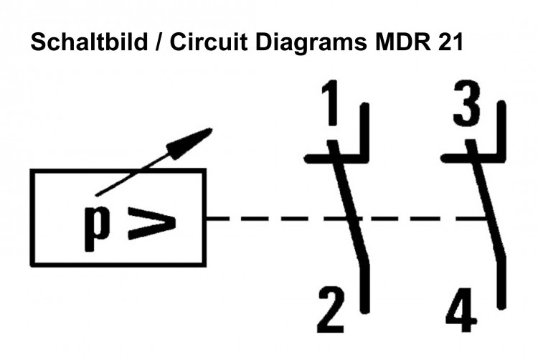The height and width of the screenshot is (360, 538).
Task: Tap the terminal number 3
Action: pyautogui.click(x=467, y=105)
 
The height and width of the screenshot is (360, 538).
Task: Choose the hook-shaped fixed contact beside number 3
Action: pyautogui.click(x=499, y=143)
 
